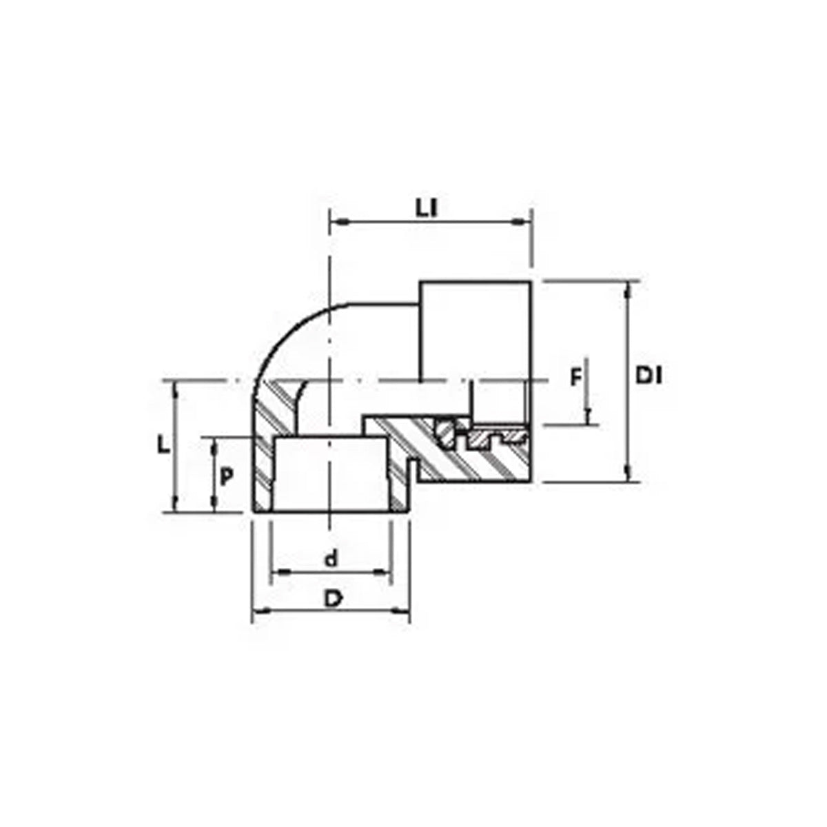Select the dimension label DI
649,376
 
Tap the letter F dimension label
575,378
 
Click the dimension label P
227,476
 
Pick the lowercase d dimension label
331,560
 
